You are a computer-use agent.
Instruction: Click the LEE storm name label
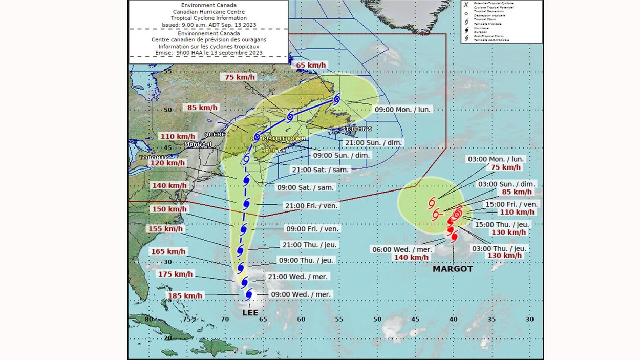(x=250, y=313)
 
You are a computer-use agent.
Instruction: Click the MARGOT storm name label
(x=453, y=269)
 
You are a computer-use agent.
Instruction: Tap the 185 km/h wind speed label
(x=185, y=295)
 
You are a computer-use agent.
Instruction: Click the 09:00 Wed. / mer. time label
(x=301, y=294)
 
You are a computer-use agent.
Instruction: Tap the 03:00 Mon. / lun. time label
(x=495, y=159)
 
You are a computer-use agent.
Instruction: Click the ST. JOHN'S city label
(x=357, y=128)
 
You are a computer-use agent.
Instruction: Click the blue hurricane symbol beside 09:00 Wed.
(x=249, y=294)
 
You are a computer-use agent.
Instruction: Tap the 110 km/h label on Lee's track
(x=177, y=136)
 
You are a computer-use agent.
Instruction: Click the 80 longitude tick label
(x=148, y=319)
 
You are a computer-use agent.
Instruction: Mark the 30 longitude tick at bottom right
(x=529, y=319)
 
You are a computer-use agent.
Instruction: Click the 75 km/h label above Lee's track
(x=240, y=77)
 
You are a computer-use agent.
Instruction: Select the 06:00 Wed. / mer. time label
(x=402, y=249)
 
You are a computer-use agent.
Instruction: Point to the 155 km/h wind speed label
(x=165, y=229)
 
